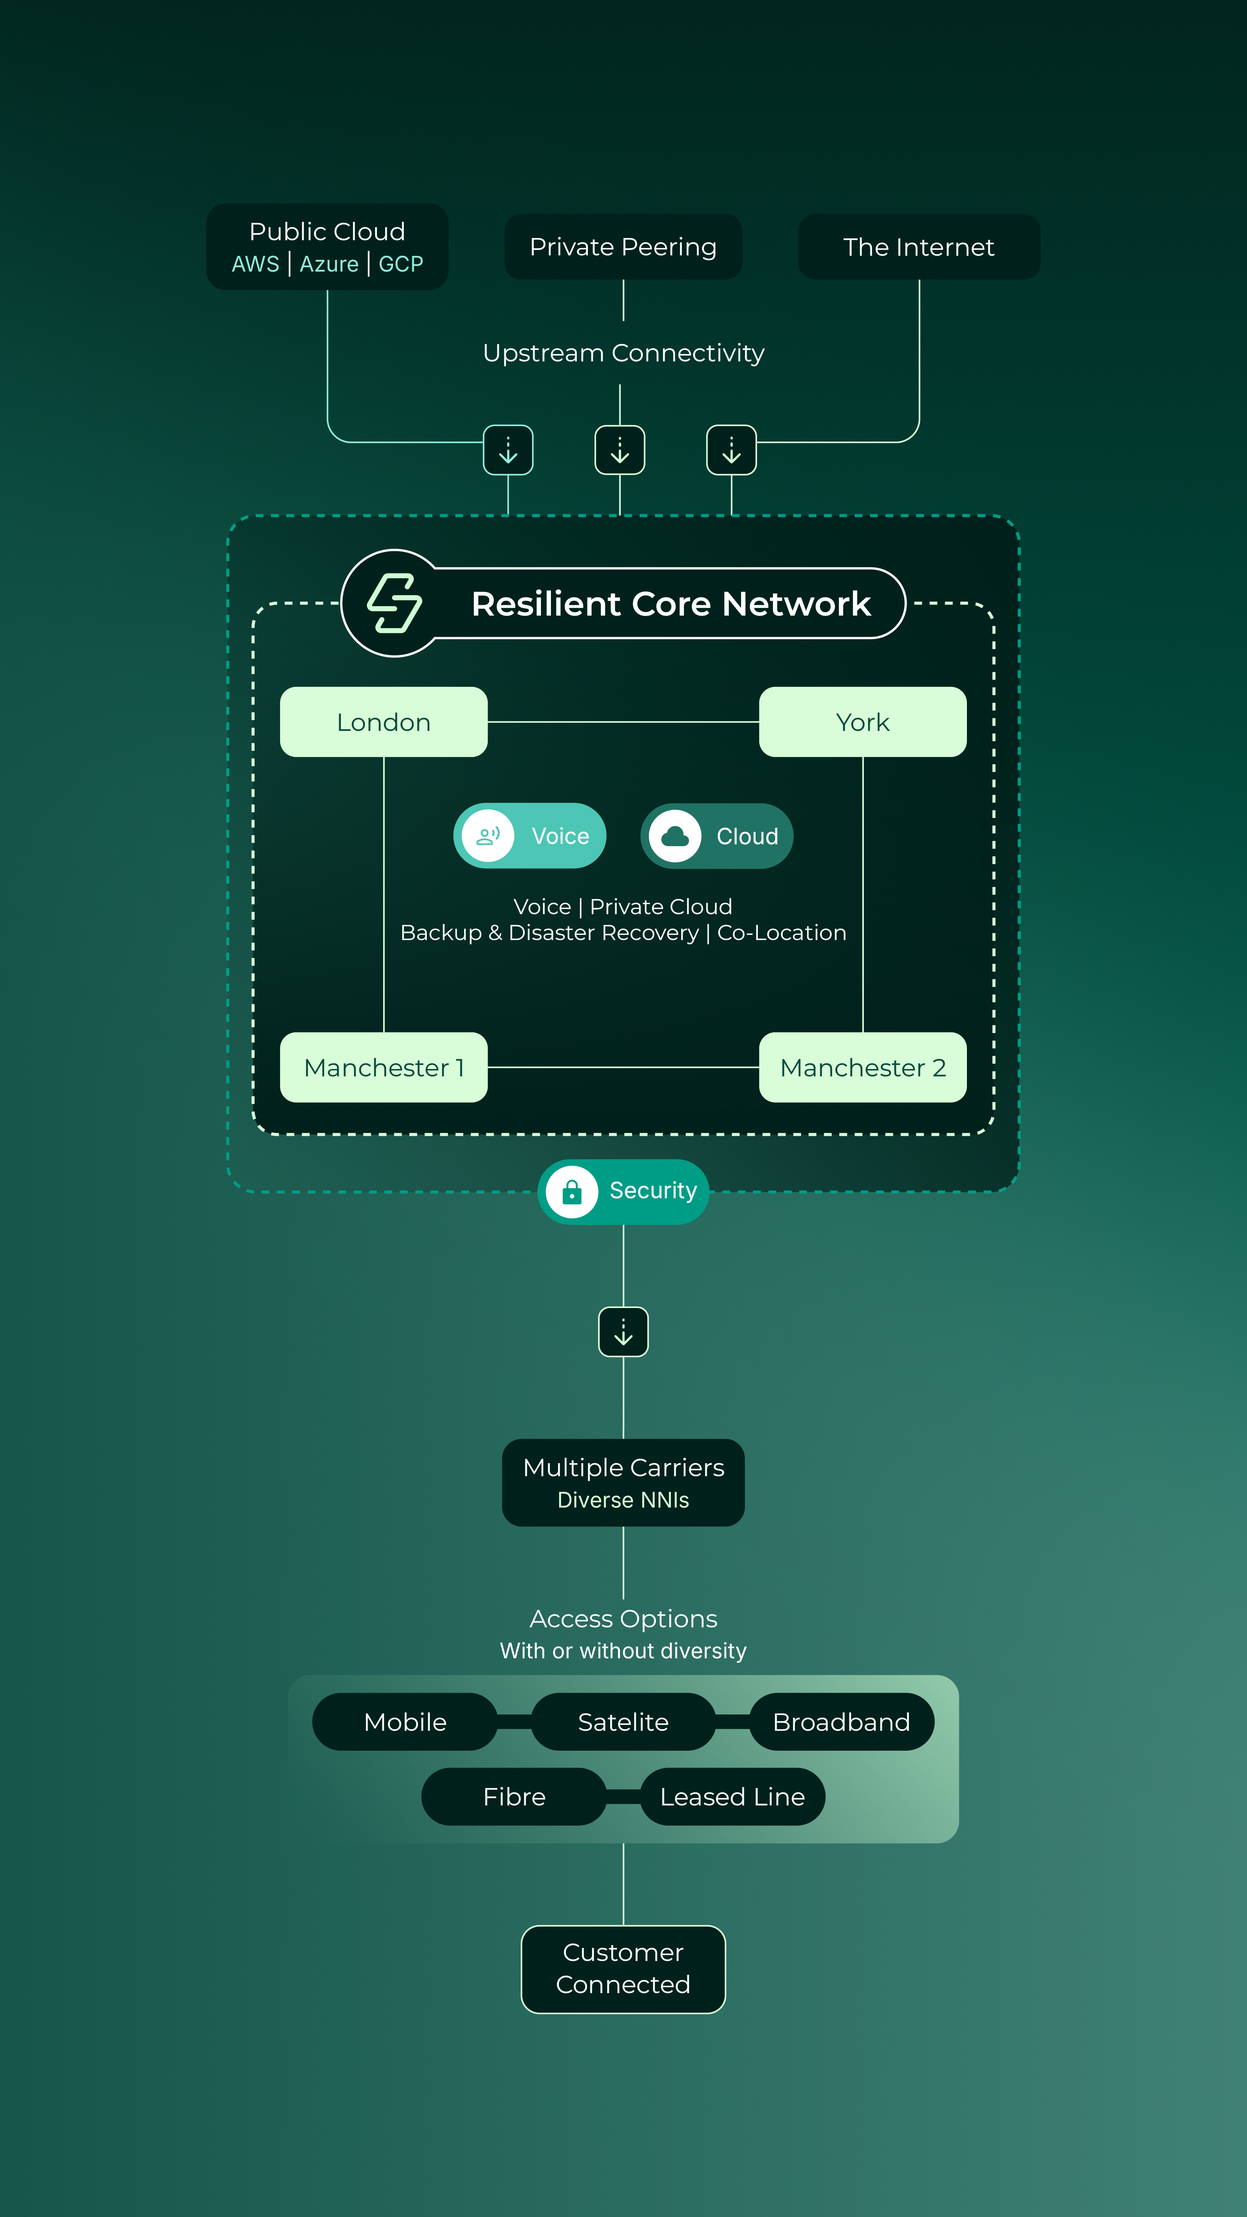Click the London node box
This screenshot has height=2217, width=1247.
tap(384, 722)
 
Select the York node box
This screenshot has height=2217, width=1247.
tap(862, 722)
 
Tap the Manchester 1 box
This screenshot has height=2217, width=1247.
tap(384, 1067)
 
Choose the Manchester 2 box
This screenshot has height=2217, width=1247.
tap(862, 1067)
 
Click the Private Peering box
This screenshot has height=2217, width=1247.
tap(623, 247)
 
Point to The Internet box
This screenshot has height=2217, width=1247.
tap(919, 247)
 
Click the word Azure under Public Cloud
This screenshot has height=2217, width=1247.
tap(329, 264)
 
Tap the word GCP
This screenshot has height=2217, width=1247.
tap(401, 264)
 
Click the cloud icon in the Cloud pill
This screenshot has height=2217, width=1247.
tap(675, 836)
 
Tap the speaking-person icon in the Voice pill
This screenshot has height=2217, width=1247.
tap(488, 836)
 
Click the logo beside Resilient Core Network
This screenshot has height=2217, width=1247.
tap(394, 603)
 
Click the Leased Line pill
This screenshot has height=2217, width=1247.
tap(732, 1796)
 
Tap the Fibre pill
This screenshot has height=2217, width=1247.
tap(514, 1796)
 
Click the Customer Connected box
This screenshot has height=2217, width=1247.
tap(623, 1969)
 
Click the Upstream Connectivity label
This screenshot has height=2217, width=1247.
tap(623, 353)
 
